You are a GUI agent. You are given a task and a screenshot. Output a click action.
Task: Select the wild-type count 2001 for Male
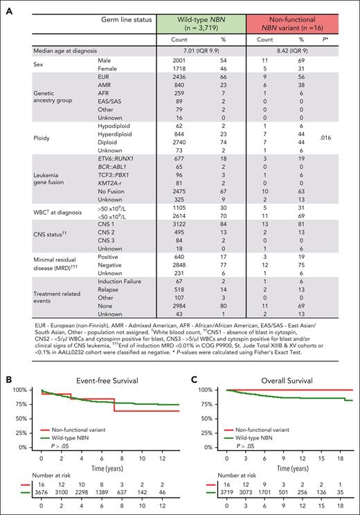point(180,62)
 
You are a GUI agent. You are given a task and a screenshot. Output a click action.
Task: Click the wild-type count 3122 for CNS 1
point(180,224)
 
